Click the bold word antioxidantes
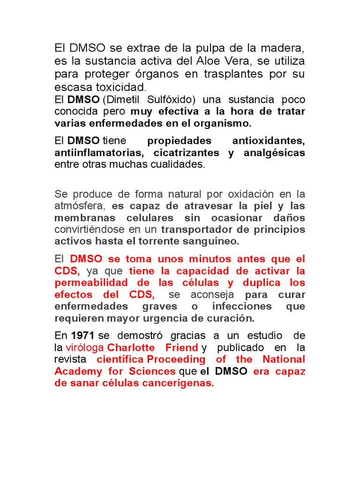coord(269,141)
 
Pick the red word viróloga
coord(85,347)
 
